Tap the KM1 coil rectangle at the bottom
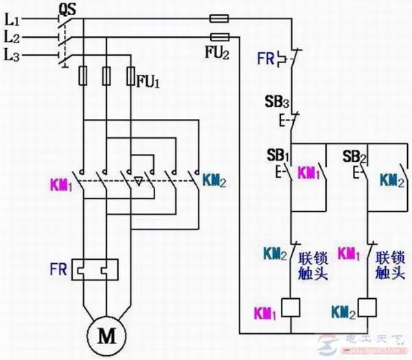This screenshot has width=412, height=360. (293, 308)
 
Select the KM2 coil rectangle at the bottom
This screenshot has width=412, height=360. (369, 308)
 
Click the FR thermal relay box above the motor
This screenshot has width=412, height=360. (97, 269)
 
